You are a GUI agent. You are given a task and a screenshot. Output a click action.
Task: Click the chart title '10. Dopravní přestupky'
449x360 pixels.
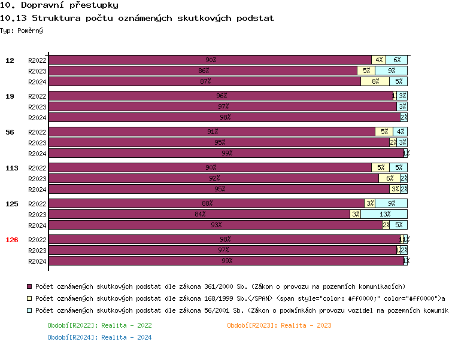(59, 5)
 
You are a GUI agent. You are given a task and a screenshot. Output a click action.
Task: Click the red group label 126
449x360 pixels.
(12, 240)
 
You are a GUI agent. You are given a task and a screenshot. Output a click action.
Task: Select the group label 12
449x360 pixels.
(10, 60)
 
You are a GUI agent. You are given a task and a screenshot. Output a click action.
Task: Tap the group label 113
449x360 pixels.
(12, 168)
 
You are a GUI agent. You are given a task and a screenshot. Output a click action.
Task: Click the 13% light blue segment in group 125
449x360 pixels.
(384, 214)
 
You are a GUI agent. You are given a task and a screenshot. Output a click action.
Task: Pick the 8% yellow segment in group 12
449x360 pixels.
(375, 81)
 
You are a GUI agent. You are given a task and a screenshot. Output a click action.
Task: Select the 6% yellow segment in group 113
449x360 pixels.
(389, 178)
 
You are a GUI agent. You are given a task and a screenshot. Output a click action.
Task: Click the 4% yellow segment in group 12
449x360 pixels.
(379, 60)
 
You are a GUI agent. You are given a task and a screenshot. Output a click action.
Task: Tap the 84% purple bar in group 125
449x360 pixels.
(199, 214)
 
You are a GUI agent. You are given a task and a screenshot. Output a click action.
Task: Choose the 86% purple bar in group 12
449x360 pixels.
(203, 71)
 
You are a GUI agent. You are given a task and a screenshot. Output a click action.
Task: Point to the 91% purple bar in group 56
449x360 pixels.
(212, 132)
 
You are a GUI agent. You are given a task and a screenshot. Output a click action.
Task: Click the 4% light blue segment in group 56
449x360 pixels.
(400, 132)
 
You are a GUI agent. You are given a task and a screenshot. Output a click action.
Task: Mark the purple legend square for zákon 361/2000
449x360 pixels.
(30, 286)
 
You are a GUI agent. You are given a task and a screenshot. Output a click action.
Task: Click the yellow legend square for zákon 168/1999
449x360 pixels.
(30, 298)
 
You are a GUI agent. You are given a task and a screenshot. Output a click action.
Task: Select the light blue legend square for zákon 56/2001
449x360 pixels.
(30, 310)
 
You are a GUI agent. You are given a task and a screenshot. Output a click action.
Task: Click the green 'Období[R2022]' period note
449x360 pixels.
(99, 325)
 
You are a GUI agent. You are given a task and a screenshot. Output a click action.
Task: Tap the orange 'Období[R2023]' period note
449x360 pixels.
(279, 325)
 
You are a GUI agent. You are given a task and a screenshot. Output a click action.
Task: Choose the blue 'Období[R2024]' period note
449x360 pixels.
(99, 337)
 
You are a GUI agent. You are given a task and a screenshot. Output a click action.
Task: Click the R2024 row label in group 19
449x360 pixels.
(37, 118)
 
